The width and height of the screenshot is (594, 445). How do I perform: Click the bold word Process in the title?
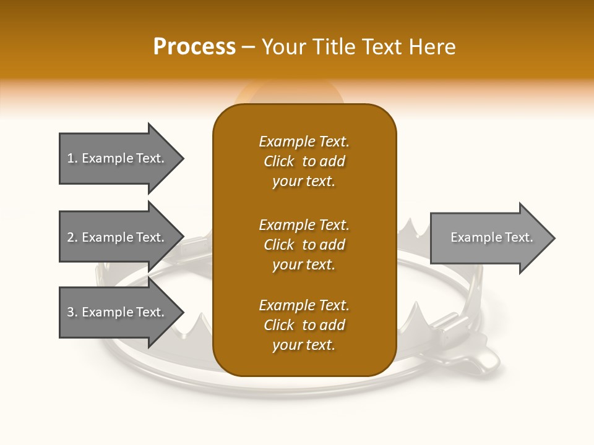click(x=194, y=47)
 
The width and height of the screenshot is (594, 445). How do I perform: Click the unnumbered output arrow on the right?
click(x=489, y=238)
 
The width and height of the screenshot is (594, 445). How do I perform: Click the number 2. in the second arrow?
click(x=72, y=237)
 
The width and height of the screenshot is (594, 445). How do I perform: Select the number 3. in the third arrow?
click(x=72, y=312)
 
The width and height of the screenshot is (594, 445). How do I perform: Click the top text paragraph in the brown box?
click(x=304, y=161)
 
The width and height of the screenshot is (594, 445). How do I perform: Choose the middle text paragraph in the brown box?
click(x=304, y=245)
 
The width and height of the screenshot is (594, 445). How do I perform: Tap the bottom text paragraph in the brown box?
click(x=304, y=325)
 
